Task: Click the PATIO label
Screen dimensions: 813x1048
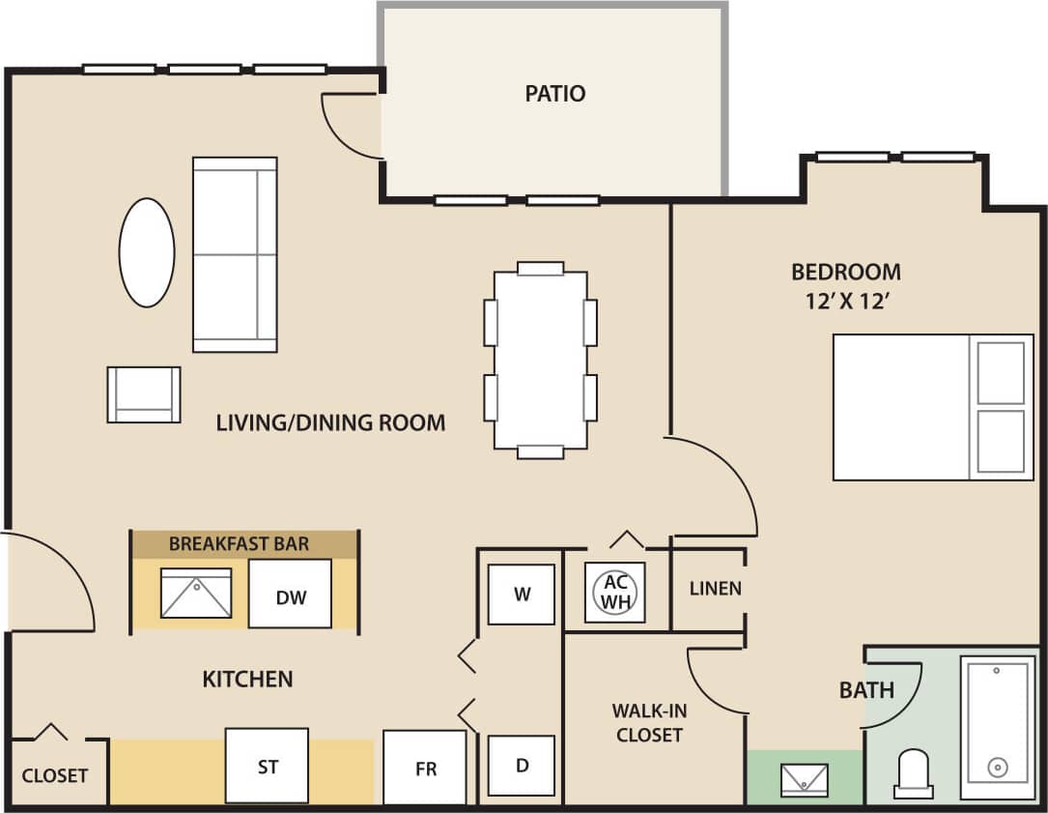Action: (555, 94)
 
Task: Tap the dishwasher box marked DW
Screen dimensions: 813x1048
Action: (291, 594)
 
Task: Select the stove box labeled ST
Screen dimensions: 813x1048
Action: (268, 767)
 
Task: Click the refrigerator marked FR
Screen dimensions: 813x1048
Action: (425, 768)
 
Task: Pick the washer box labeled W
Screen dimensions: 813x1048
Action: (522, 594)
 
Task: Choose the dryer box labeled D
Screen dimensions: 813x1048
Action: (522, 766)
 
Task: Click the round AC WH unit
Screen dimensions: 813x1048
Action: (615, 592)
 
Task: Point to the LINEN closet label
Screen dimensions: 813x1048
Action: (716, 588)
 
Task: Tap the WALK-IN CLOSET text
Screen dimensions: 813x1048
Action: (649, 723)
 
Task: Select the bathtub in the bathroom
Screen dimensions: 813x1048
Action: (998, 719)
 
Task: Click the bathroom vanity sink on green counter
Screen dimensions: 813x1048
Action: (805, 777)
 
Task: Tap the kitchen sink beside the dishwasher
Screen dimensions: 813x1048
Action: (197, 593)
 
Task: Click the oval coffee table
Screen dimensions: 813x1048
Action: (147, 253)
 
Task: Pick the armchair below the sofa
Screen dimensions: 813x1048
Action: (144, 394)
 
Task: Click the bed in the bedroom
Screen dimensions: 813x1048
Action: (932, 407)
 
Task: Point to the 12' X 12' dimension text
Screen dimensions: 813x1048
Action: (846, 302)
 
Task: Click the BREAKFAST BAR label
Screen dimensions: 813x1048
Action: (239, 543)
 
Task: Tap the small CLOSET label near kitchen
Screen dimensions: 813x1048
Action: (55, 775)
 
